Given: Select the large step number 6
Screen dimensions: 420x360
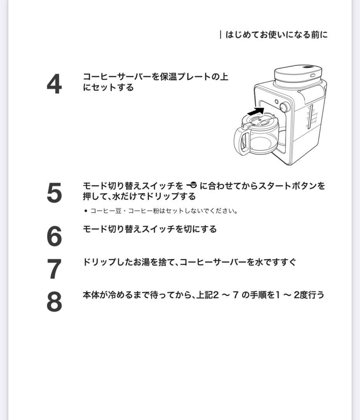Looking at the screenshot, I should (x=54, y=236).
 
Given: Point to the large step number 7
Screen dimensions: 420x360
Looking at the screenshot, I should (x=54, y=269).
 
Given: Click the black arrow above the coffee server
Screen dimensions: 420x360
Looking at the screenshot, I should (x=255, y=112).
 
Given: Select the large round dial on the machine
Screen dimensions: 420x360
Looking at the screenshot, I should (x=285, y=107).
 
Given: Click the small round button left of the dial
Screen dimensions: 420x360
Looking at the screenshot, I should (x=276, y=102).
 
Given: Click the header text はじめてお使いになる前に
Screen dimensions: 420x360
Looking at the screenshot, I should (x=276, y=35).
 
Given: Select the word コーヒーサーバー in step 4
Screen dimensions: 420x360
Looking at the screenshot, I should (x=117, y=77).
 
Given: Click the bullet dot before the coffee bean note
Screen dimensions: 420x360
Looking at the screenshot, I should (x=86, y=211).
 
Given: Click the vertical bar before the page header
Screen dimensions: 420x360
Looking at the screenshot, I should (x=220, y=35).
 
